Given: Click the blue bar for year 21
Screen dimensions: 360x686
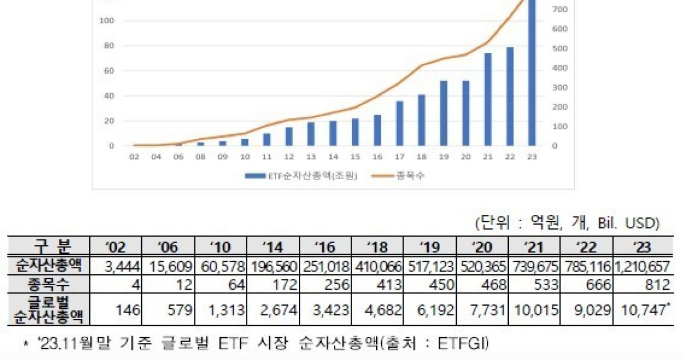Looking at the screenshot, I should (488, 99).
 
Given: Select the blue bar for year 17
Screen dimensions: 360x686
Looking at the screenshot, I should (400, 123).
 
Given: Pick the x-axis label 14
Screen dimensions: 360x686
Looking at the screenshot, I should (333, 157).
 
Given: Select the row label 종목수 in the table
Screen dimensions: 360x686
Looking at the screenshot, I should (49, 284).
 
